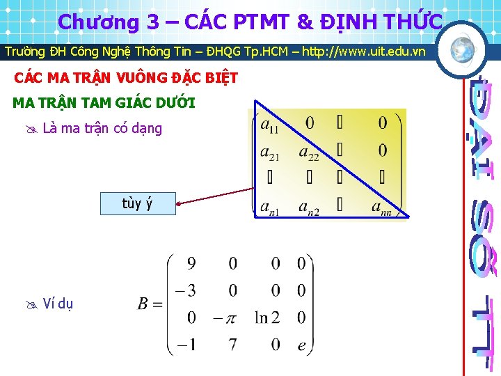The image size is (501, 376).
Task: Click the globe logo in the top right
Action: [x=461, y=49]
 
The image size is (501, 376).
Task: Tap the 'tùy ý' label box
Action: [x=137, y=203]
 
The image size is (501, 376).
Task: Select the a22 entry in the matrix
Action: [x=308, y=152]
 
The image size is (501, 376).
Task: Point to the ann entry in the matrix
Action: [x=383, y=207]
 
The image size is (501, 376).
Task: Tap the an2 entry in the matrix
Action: [x=309, y=207]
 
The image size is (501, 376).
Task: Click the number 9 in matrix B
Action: [x=191, y=264]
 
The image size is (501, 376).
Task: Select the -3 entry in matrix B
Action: [x=186, y=290]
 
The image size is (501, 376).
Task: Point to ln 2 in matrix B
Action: [x=271, y=318]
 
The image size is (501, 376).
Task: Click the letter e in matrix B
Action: [x=301, y=345]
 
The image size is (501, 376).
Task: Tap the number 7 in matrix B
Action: [x=232, y=345]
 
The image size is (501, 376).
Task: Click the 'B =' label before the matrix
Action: [x=150, y=304]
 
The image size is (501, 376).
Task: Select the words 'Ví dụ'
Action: [x=58, y=303]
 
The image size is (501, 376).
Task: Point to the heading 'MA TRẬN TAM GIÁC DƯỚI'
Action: [x=104, y=104]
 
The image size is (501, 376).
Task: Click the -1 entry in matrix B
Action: [x=186, y=345]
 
